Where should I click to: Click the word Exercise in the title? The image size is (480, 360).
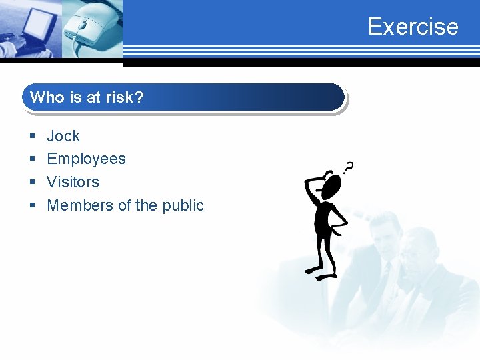click(413, 27)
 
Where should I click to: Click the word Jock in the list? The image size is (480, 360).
click(63, 136)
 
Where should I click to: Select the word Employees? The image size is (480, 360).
click(86, 159)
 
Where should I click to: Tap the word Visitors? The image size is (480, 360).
click(73, 182)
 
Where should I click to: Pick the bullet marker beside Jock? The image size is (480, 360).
click(32, 137)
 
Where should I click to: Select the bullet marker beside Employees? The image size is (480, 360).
click(32, 159)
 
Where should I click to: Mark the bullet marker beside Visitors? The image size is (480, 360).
click(32, 183)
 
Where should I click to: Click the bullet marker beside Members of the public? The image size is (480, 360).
click(32, 206)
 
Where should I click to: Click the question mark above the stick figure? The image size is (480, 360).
click(348, 167)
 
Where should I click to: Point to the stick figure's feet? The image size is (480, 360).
click(320, 273)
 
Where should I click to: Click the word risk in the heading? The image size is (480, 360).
click(118, 97)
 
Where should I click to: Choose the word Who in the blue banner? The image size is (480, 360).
click(47, 97)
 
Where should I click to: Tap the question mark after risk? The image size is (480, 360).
click(139, 97)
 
